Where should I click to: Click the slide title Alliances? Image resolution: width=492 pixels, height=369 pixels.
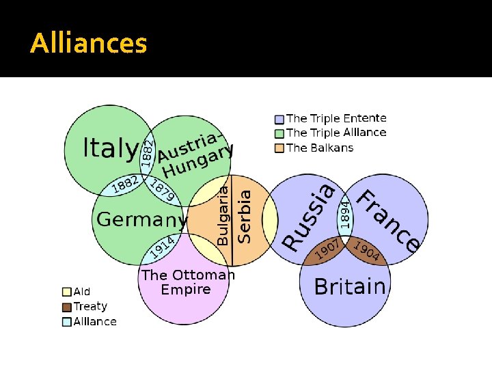[89, 44]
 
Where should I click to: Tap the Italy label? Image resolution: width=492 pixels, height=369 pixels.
[109, 148]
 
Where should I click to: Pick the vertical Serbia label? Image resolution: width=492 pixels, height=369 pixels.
[243, 216]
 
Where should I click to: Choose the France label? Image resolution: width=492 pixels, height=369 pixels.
[389, 220]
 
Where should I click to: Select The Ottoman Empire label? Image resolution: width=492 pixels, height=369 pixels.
[187, 282]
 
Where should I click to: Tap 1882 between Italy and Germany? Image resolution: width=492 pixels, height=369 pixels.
[126, 184]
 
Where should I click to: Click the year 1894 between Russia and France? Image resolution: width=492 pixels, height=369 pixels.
[346, 213]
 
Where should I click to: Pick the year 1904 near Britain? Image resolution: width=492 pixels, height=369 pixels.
[368, 251]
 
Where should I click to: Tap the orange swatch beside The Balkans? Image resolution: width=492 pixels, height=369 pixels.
[279, 148]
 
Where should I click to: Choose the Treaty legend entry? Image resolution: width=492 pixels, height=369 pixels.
[90, 307]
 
